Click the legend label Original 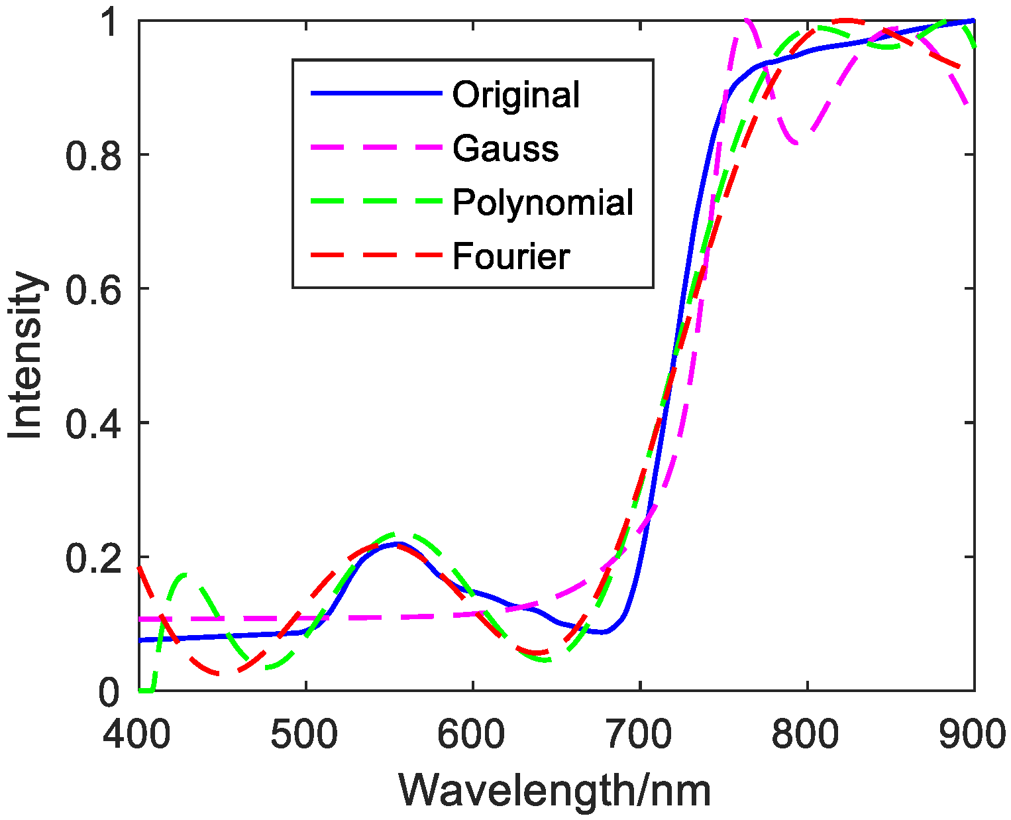point(515,95)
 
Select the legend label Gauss point(505,148)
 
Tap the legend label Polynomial point(543,202)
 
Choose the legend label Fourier point(511,257)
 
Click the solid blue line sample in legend point(376,93)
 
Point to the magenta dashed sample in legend point(376,148)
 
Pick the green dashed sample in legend point(376,202)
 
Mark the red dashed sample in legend point(376,256)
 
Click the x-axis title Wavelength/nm point(555,791)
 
